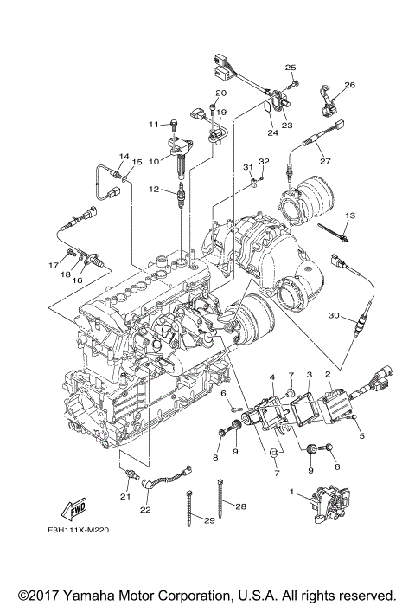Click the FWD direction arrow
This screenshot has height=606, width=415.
[x=73, y=510]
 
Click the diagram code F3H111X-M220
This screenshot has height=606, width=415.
[x=78, y=530]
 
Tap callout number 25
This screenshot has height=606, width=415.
[x=290, y=68]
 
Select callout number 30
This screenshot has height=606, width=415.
[x=334, y=315]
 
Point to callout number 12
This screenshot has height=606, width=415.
[x=154, y=190]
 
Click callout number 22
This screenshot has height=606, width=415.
[x=145, y=510]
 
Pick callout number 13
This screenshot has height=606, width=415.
[x=350, y=216]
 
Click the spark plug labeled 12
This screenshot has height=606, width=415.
[x=181, y=196]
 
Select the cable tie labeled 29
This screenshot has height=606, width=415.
[x=188, y=508]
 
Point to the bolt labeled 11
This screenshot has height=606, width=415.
[x=174, y=124]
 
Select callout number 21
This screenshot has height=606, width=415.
[x=125, y=497]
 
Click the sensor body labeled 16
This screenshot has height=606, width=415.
[x=93, y=261]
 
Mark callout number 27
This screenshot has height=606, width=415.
[x=325, y=161]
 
